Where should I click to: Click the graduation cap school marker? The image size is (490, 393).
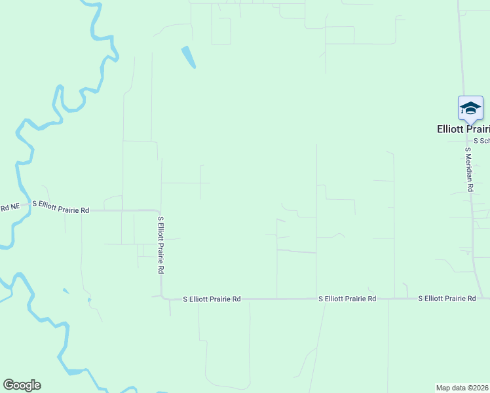(470, 107)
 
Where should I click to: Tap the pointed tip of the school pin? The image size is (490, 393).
(470, 122)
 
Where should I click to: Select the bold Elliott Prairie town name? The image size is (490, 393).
(463, 129)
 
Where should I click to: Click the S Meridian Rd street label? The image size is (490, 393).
(469, 169)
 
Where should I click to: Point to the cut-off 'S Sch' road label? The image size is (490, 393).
(481, 141)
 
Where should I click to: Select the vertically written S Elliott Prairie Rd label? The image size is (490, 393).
(160, 244)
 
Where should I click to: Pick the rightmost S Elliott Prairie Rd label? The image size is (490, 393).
(447, 299)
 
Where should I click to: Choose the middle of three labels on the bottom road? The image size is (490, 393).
(347, 299)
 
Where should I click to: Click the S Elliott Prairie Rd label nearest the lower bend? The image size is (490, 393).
(212, 299)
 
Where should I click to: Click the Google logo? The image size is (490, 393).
(22, 385)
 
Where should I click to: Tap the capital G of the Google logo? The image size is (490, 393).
(9, 384)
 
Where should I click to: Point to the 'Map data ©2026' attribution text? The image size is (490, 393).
(462, 388)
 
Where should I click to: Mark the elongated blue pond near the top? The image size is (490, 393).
(189, 57)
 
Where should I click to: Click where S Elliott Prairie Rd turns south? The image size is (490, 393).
(159, 212)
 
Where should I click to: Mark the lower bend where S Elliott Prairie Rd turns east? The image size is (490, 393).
(162, 298)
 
